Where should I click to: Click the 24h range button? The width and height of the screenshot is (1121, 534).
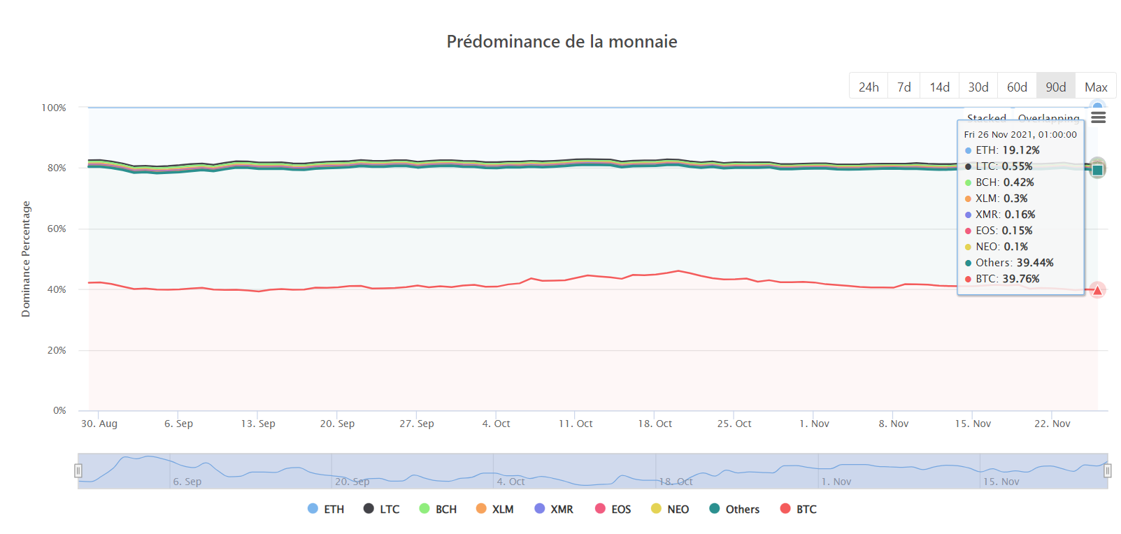(869, 87)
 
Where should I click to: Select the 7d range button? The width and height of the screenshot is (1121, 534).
(904, 87)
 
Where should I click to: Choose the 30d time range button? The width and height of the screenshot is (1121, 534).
(978, 87)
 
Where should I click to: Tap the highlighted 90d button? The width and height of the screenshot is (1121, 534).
(1056, 87)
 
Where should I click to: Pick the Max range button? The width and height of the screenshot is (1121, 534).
(1096, 87)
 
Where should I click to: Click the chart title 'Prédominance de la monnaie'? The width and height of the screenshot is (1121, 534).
(562, 42)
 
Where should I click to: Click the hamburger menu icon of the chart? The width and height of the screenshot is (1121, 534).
(1099, 117)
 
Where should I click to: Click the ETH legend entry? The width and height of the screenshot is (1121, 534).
(326, 509)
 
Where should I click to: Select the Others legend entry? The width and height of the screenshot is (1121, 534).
(734, 509)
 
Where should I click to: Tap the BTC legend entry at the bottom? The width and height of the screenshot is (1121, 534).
(799, 509)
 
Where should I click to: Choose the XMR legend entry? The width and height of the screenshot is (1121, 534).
(554, 509)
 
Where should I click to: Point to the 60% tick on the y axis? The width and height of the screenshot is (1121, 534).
(57, 229)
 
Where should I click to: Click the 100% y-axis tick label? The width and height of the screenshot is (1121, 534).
(54, 108)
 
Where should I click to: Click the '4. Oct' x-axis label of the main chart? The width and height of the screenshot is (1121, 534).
(496, 424)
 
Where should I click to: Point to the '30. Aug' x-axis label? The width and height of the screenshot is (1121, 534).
(99, 424)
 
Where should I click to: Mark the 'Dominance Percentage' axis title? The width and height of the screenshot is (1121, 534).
(26, 259)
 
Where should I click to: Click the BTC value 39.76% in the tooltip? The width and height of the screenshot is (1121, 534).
(1021, 279)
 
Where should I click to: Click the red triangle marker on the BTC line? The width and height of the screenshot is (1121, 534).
(1097, 290)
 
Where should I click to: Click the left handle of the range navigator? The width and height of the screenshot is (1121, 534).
(78, 471)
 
